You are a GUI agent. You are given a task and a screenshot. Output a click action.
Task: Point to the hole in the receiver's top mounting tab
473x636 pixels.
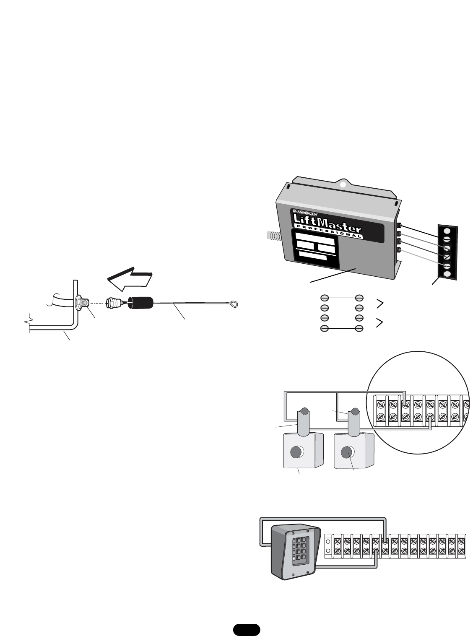[343, 184]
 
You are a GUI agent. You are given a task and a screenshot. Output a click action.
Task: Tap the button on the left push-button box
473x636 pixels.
[297, 452]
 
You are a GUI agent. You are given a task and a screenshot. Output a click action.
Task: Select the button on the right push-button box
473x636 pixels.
[348, 452]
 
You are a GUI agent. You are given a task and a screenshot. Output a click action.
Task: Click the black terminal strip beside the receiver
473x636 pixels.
[447, 252]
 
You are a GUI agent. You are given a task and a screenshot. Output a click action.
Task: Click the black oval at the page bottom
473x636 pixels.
[247, 630]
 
